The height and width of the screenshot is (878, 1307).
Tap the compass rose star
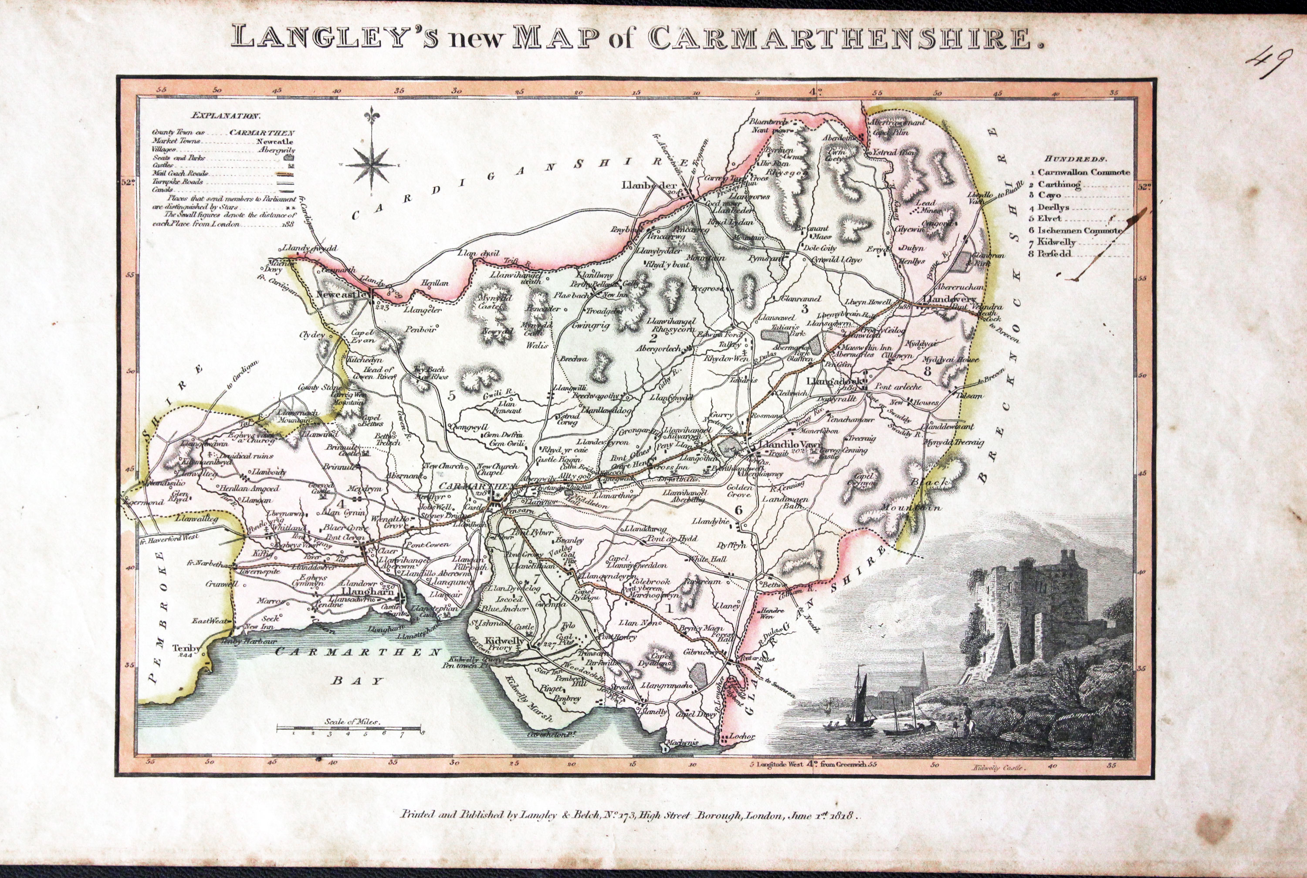(x=370, y=165)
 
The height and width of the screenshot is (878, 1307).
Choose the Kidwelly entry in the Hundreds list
(x=1056, y=243)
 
